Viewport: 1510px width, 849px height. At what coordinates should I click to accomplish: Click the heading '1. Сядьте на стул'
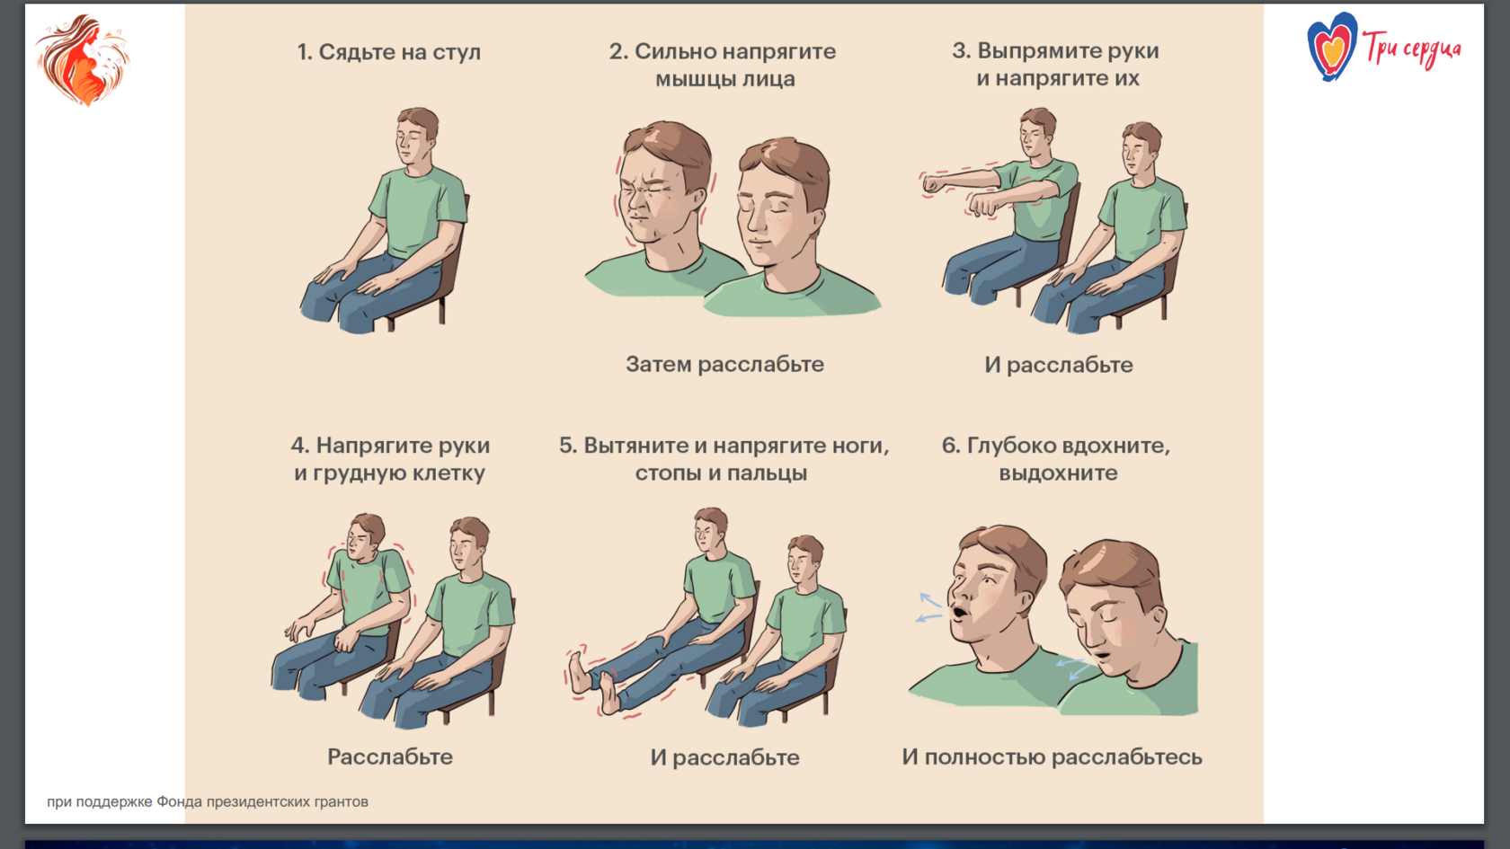point(389,52)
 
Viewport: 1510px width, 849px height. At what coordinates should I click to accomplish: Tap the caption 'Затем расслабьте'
point(724,365)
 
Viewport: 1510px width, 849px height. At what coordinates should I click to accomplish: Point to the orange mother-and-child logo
point(83,60)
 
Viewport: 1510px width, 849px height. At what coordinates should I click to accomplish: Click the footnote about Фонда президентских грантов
point(208,801)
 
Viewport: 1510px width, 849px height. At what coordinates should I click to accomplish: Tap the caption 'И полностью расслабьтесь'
point(1052,757)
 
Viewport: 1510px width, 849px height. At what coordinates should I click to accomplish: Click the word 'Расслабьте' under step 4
point(390,756)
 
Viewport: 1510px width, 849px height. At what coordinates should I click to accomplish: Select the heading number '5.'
point(568,446)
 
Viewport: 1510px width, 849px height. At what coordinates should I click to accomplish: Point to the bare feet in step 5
point(594,682)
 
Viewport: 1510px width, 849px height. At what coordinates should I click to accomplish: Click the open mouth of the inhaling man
point(958,613)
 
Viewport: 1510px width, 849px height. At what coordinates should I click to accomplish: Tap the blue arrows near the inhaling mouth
point(929,608)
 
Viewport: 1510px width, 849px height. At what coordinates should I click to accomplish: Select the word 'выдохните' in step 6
point(1059,473)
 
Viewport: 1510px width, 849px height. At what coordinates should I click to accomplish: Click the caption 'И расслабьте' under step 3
point(1059,365)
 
